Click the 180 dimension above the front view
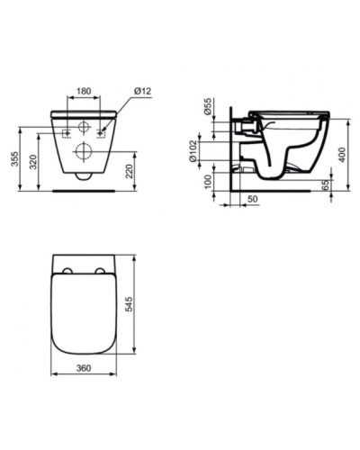pos(84,91)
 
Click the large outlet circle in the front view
pos(84,149)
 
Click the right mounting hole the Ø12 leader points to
pos(101,132)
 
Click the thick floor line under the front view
pos(84,191)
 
